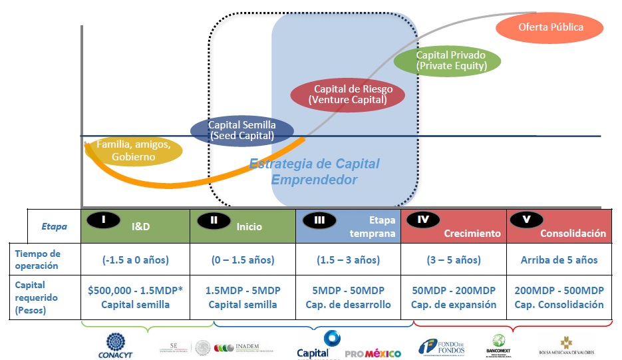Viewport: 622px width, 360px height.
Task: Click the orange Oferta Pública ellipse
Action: (x=550, y=28)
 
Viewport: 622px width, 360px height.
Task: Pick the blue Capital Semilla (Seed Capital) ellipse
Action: (x=241, y=130)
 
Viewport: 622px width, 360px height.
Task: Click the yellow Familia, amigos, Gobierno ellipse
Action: (x=134, y=151)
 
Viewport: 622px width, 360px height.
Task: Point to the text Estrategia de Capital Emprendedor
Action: (x=314, y=172)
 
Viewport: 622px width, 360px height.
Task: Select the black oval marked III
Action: (x=319, y=219)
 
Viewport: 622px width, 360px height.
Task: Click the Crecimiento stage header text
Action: (x=472, y=234)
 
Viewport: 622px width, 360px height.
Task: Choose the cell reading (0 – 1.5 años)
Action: (x=242, y=260)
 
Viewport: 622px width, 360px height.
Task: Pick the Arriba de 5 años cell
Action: (x=559, y=260)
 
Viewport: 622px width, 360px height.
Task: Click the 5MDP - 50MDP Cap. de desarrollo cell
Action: (x=348, y=297)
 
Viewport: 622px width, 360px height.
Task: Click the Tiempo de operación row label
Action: (x=38, y=260)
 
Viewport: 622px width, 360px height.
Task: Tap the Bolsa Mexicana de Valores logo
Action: (x=566, y=345)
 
